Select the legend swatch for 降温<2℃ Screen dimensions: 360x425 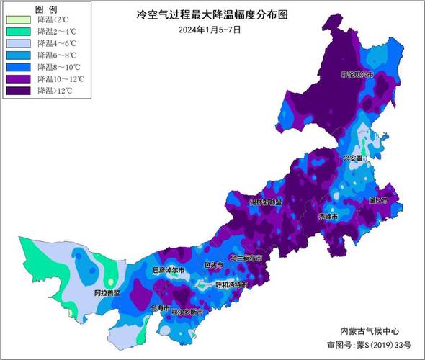[19, 19]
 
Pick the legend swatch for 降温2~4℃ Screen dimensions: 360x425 [19, 31]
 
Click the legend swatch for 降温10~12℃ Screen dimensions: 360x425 [19, 78]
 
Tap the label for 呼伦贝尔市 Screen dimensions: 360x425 [357, 74]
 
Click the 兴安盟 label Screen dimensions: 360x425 [354, 157]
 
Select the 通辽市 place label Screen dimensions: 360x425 [377, 200]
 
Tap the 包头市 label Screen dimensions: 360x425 [213, 265]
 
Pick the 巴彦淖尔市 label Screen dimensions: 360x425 [169, 270]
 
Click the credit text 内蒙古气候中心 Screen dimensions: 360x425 [368, 330]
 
